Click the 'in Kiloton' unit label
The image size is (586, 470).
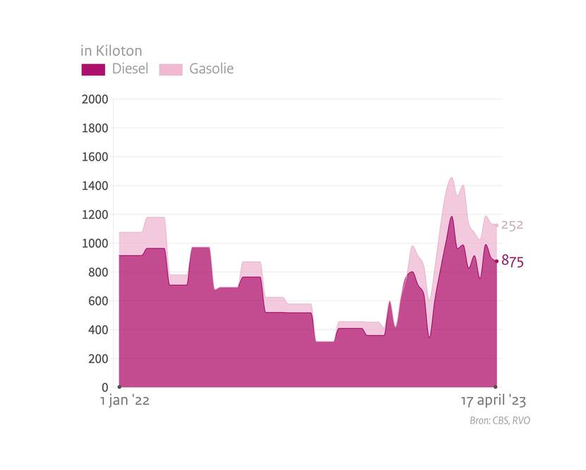[111, 51]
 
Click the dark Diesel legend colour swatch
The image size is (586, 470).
[93, 69]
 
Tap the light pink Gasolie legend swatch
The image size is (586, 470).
[170, 69]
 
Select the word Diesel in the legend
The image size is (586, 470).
[130, 69]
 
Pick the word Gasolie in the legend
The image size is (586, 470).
[211, 69]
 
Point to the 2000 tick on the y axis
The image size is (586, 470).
[95, 100]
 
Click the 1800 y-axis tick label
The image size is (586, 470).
[95, 128]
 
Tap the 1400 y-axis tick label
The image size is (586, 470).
[95, 186]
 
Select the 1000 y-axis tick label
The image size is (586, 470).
[95, 243]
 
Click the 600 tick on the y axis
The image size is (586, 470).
[97, 301]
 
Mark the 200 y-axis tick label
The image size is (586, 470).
[97, 358]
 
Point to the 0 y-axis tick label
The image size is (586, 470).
[104, 387]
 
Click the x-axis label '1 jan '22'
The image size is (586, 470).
[124, 401]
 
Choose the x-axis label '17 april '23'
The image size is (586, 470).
[493, 401]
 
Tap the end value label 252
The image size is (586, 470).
[513, 225]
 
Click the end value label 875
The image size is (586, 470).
[513, 262]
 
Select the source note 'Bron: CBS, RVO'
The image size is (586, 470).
[499, 421]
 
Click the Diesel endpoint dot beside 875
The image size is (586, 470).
[496, 261]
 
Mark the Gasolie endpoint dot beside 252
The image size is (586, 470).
[496, 226]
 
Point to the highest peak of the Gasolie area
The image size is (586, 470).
[451, 178]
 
